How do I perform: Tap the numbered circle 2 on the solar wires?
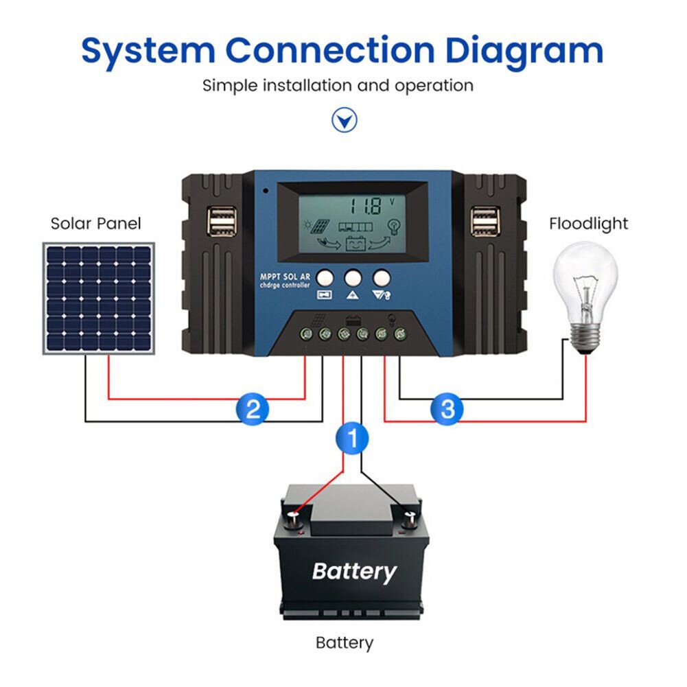click(253, 410)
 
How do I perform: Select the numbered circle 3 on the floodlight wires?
click(447, 410)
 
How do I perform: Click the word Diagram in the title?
click(524, 51)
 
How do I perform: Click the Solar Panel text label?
click(96, 224)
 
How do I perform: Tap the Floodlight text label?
click(588, 224)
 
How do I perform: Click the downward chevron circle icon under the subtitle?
click(345, 121)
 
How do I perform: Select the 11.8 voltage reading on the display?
click(364, 206)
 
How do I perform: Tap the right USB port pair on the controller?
click(485, 224)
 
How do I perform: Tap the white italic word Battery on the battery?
click(354, 571)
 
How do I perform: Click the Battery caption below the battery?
click(345, 643)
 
